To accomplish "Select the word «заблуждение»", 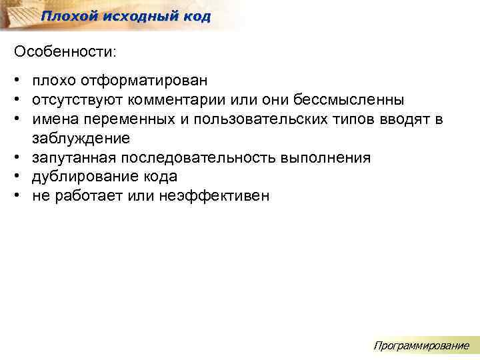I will (x=80, y=139).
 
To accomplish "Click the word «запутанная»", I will (x=70, y=158).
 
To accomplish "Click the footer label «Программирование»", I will (x=421, y=345).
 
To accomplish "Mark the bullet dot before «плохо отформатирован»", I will (x=15, y=81).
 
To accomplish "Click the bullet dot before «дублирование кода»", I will (x=15, y=177).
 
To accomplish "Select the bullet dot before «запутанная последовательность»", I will (x=15, y=158).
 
